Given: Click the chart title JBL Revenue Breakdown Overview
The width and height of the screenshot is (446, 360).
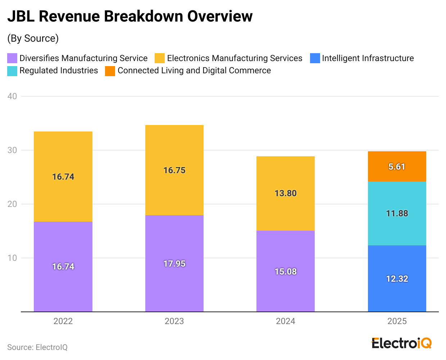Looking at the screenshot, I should pos(130,17).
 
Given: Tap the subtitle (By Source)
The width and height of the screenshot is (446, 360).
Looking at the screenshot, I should pos(33,38).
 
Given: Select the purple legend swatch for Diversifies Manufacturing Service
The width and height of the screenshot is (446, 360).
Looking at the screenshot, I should pos(12,58).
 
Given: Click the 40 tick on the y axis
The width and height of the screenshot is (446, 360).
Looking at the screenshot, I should pos(12,96).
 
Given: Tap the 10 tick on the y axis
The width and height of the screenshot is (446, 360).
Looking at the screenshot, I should pos(12,258).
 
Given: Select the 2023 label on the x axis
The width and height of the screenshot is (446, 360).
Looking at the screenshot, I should pos(174,321).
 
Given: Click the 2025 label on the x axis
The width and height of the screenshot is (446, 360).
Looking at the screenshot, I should pos(397,321).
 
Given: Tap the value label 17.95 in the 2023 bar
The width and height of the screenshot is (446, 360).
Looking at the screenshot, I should pos(174,264).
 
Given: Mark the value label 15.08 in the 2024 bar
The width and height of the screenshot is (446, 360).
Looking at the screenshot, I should pos(285,272).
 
